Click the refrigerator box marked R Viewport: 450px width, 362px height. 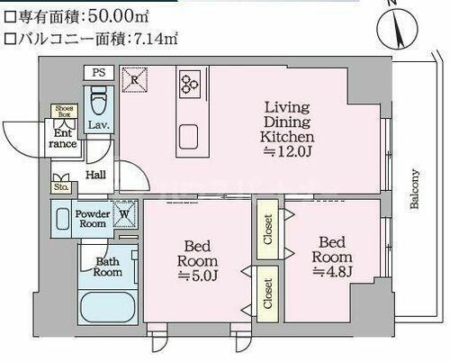click(134, 78)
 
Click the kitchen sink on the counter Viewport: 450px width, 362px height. click(191, 136)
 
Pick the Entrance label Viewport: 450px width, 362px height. click(62, 137)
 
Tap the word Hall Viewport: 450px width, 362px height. click(95, 176)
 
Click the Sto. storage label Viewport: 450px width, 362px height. click(62, 188)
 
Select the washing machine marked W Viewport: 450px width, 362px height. click(127, 215)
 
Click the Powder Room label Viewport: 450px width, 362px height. click(92, 219)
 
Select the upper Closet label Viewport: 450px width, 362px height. click(268, 229)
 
